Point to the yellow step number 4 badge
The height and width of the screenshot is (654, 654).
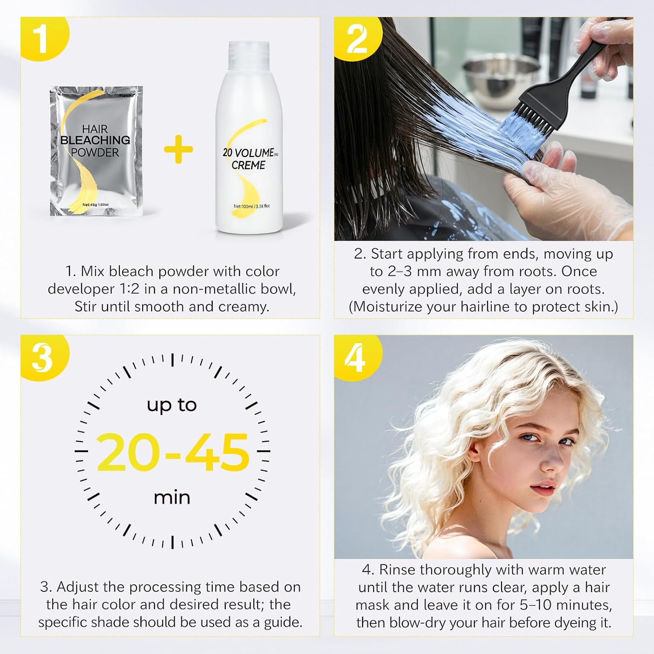[356, 356]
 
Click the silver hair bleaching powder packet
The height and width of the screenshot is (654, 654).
[96, 151]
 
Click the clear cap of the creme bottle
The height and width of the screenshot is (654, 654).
[248, 56]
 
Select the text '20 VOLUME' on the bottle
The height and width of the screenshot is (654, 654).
[248, 153]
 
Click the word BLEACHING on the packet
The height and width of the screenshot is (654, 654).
[95, 140]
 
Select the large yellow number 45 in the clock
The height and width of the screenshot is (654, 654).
[216, 452]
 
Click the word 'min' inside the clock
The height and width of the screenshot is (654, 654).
[172, 497]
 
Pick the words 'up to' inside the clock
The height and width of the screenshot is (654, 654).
[172, 405]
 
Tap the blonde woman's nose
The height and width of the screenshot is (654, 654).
[552, 460]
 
